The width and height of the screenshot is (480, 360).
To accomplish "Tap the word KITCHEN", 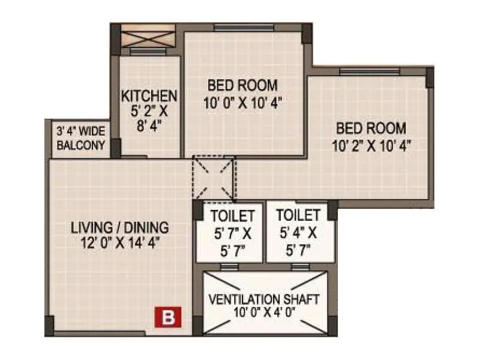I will click(x=149, y=96).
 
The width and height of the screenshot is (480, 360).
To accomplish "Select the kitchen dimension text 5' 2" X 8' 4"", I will click(x=149, y=118).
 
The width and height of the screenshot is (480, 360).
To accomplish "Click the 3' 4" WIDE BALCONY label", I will click(x=80, y=138).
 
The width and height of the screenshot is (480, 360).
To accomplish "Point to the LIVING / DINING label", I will click(x=120, y=228).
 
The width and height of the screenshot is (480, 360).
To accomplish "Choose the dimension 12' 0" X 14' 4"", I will click(x=120, y=242).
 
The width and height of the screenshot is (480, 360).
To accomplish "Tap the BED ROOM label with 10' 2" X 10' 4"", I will click(x=371, y=128).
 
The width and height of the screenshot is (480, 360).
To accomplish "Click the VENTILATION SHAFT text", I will click(x=265, y=299).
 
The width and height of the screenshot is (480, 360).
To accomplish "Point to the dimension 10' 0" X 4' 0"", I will click(x=265, y=312).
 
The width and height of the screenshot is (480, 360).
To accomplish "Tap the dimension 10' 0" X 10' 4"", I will click(x=242, y=103).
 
